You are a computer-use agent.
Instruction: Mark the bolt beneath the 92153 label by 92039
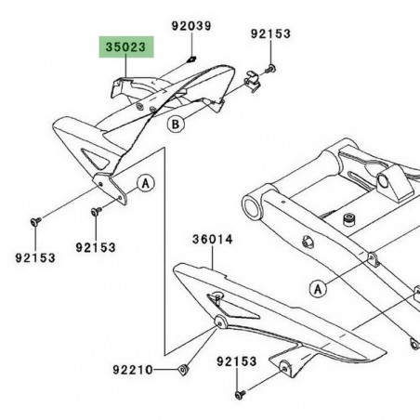coord(269,69)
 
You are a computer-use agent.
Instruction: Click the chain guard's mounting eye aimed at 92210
coord(220,322)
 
